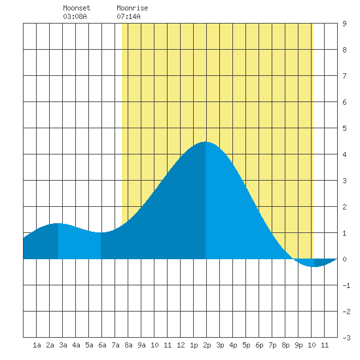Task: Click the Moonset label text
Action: point(77,8)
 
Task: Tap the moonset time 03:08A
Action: point(75,16)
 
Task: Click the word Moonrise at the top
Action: point(132,8)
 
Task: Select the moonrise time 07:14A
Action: point(128,16)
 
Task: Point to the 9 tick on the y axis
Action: point(344,24)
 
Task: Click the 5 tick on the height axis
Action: point(344,128)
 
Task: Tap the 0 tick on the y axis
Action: point(344,259)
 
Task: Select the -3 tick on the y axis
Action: point(346,338)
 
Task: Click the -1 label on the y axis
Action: point(346,285)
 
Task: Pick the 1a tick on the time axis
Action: point(37,345)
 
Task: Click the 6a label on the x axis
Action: point(102,345)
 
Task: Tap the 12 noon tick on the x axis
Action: point(181,345)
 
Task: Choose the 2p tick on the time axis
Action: point(207,345)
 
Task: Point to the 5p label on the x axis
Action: point(246,345)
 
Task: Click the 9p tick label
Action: point(298,345)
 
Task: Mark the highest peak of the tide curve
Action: point(206,142)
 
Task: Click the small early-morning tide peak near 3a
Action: point(58,223)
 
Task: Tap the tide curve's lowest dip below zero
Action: point(314,266)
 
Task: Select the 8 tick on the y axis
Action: point(344,50)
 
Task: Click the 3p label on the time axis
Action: point(220,345)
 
